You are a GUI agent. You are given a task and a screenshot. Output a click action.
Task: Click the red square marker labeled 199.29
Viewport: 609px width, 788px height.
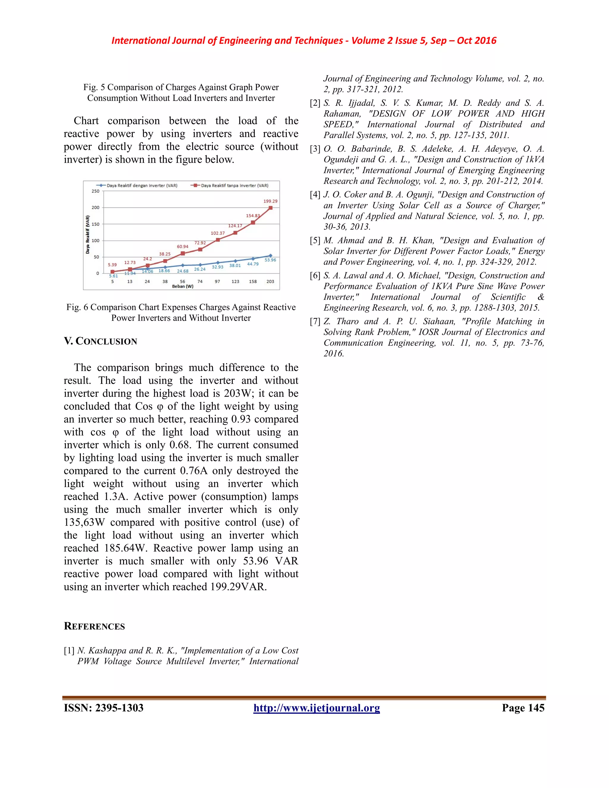point(271,208)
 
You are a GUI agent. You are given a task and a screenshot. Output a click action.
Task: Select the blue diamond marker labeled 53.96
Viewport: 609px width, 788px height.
point(271,255)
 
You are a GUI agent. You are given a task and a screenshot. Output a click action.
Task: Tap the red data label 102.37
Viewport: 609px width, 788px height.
point(218,233)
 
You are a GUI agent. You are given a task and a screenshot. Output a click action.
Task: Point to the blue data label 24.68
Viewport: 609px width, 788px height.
point(183,271)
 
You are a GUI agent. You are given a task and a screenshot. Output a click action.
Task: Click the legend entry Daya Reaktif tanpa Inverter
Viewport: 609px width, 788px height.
point(231,186)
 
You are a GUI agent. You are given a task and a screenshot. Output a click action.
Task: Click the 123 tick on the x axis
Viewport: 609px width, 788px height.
point(235,281)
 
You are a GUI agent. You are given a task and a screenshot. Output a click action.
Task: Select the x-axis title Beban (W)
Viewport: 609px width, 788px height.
point(183,286)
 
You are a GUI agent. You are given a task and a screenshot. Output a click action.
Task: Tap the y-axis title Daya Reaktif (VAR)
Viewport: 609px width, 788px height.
point(88,235)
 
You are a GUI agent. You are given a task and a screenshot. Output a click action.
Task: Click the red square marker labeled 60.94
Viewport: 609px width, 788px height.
point(183,253)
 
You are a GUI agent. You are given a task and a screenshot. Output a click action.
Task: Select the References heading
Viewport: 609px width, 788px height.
point(94,626)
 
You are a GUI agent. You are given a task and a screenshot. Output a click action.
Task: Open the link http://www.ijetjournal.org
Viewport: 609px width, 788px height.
point(316,708)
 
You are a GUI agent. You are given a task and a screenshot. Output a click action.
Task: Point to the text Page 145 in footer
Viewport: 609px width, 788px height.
point(523,708)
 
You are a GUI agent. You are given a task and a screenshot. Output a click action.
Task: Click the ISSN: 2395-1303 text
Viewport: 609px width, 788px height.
point(103,708)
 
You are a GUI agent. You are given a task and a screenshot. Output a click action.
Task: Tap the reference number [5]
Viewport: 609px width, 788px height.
point(315,241)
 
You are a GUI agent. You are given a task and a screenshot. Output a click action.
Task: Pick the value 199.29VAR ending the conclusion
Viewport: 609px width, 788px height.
point(238,587)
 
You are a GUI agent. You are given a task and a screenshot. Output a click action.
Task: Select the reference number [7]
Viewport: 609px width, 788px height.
point(315,321)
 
